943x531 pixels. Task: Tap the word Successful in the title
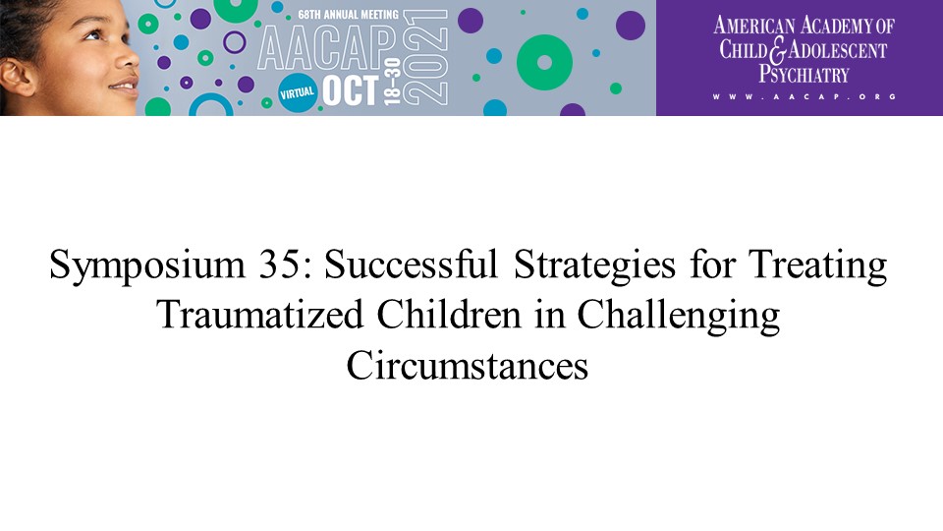pyautogui.click(x=412, y=265)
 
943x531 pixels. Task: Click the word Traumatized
pyautogui.click(x=259, y=315)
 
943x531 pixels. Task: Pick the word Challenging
pyautogui.click(x=679, y=316)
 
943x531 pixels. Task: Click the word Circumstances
pyautogui.click(x=468, y=365)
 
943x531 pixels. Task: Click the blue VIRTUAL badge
pyautogui.click(x=298, y=93)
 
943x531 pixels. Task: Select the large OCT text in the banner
pyautogui.click(x=351, y=90)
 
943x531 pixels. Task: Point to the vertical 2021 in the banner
pyautogui.click(x=424, y=57)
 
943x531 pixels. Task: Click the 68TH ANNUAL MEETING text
pyautogui.click(x=348, y=15)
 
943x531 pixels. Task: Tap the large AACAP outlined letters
pyautogui.click(x=327, y=48)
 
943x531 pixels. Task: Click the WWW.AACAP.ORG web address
pyautogui.click(x=804, y=96)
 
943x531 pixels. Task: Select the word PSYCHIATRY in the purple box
pyautogui.click(x=804, y=74)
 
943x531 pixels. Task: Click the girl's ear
pyautogui.click(x=17, y=76)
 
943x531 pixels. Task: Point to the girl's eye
pyautogui.click(x=93, y=35)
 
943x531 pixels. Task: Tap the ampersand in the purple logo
pyautogui.click(x=778, y=51)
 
